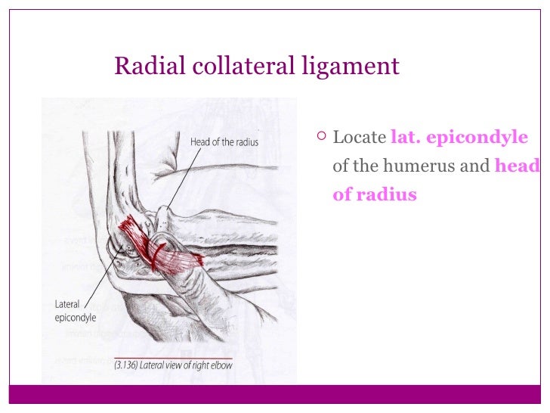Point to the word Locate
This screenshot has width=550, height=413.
point(359,138)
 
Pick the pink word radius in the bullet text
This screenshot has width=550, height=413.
point(385,195)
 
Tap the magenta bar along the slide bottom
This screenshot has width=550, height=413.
point(275,395)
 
